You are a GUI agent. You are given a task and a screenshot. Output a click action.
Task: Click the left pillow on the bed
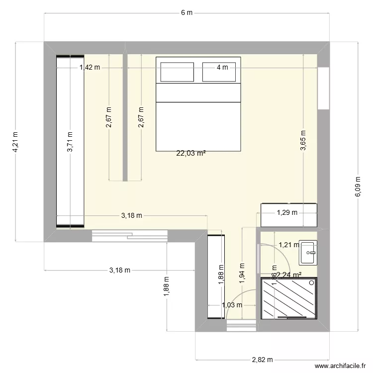tap(176, 72)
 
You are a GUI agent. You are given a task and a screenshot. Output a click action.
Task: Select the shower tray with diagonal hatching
tap(289, 297)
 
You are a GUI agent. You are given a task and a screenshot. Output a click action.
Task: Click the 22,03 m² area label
tap(191, 154)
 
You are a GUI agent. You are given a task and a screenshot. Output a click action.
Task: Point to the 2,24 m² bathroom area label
tap(289, 275)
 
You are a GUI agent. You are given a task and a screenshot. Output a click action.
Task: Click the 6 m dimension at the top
tap(186, 13)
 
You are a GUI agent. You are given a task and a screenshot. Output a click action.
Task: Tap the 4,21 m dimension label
tap(15, 141)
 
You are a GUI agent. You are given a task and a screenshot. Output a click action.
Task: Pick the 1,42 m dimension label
tap(90, 67)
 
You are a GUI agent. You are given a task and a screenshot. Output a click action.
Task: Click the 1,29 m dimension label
tap(287, 213)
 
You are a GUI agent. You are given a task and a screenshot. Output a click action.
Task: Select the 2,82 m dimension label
tap(263, 360)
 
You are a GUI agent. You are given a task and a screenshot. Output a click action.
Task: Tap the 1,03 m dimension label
tap(232, 305)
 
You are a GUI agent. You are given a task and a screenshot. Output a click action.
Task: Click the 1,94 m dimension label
tap(242, 273)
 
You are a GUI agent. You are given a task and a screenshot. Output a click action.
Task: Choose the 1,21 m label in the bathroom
tap(288, 245)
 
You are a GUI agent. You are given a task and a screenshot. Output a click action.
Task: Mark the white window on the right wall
tap(324, 88)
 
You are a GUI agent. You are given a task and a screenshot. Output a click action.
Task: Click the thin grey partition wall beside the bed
tap(125, 118)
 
